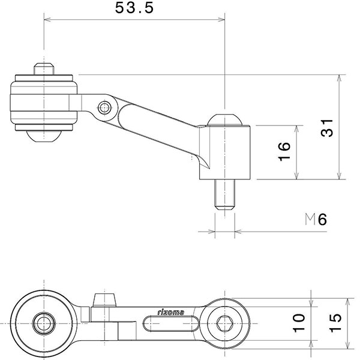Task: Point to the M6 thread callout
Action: [316, 220]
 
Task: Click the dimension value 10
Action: [299, 323]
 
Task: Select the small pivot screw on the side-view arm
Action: [106, 109]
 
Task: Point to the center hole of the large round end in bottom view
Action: [43, 324]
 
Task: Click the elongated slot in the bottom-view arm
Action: [171, 325]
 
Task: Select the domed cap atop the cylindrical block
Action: [224, 121]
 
